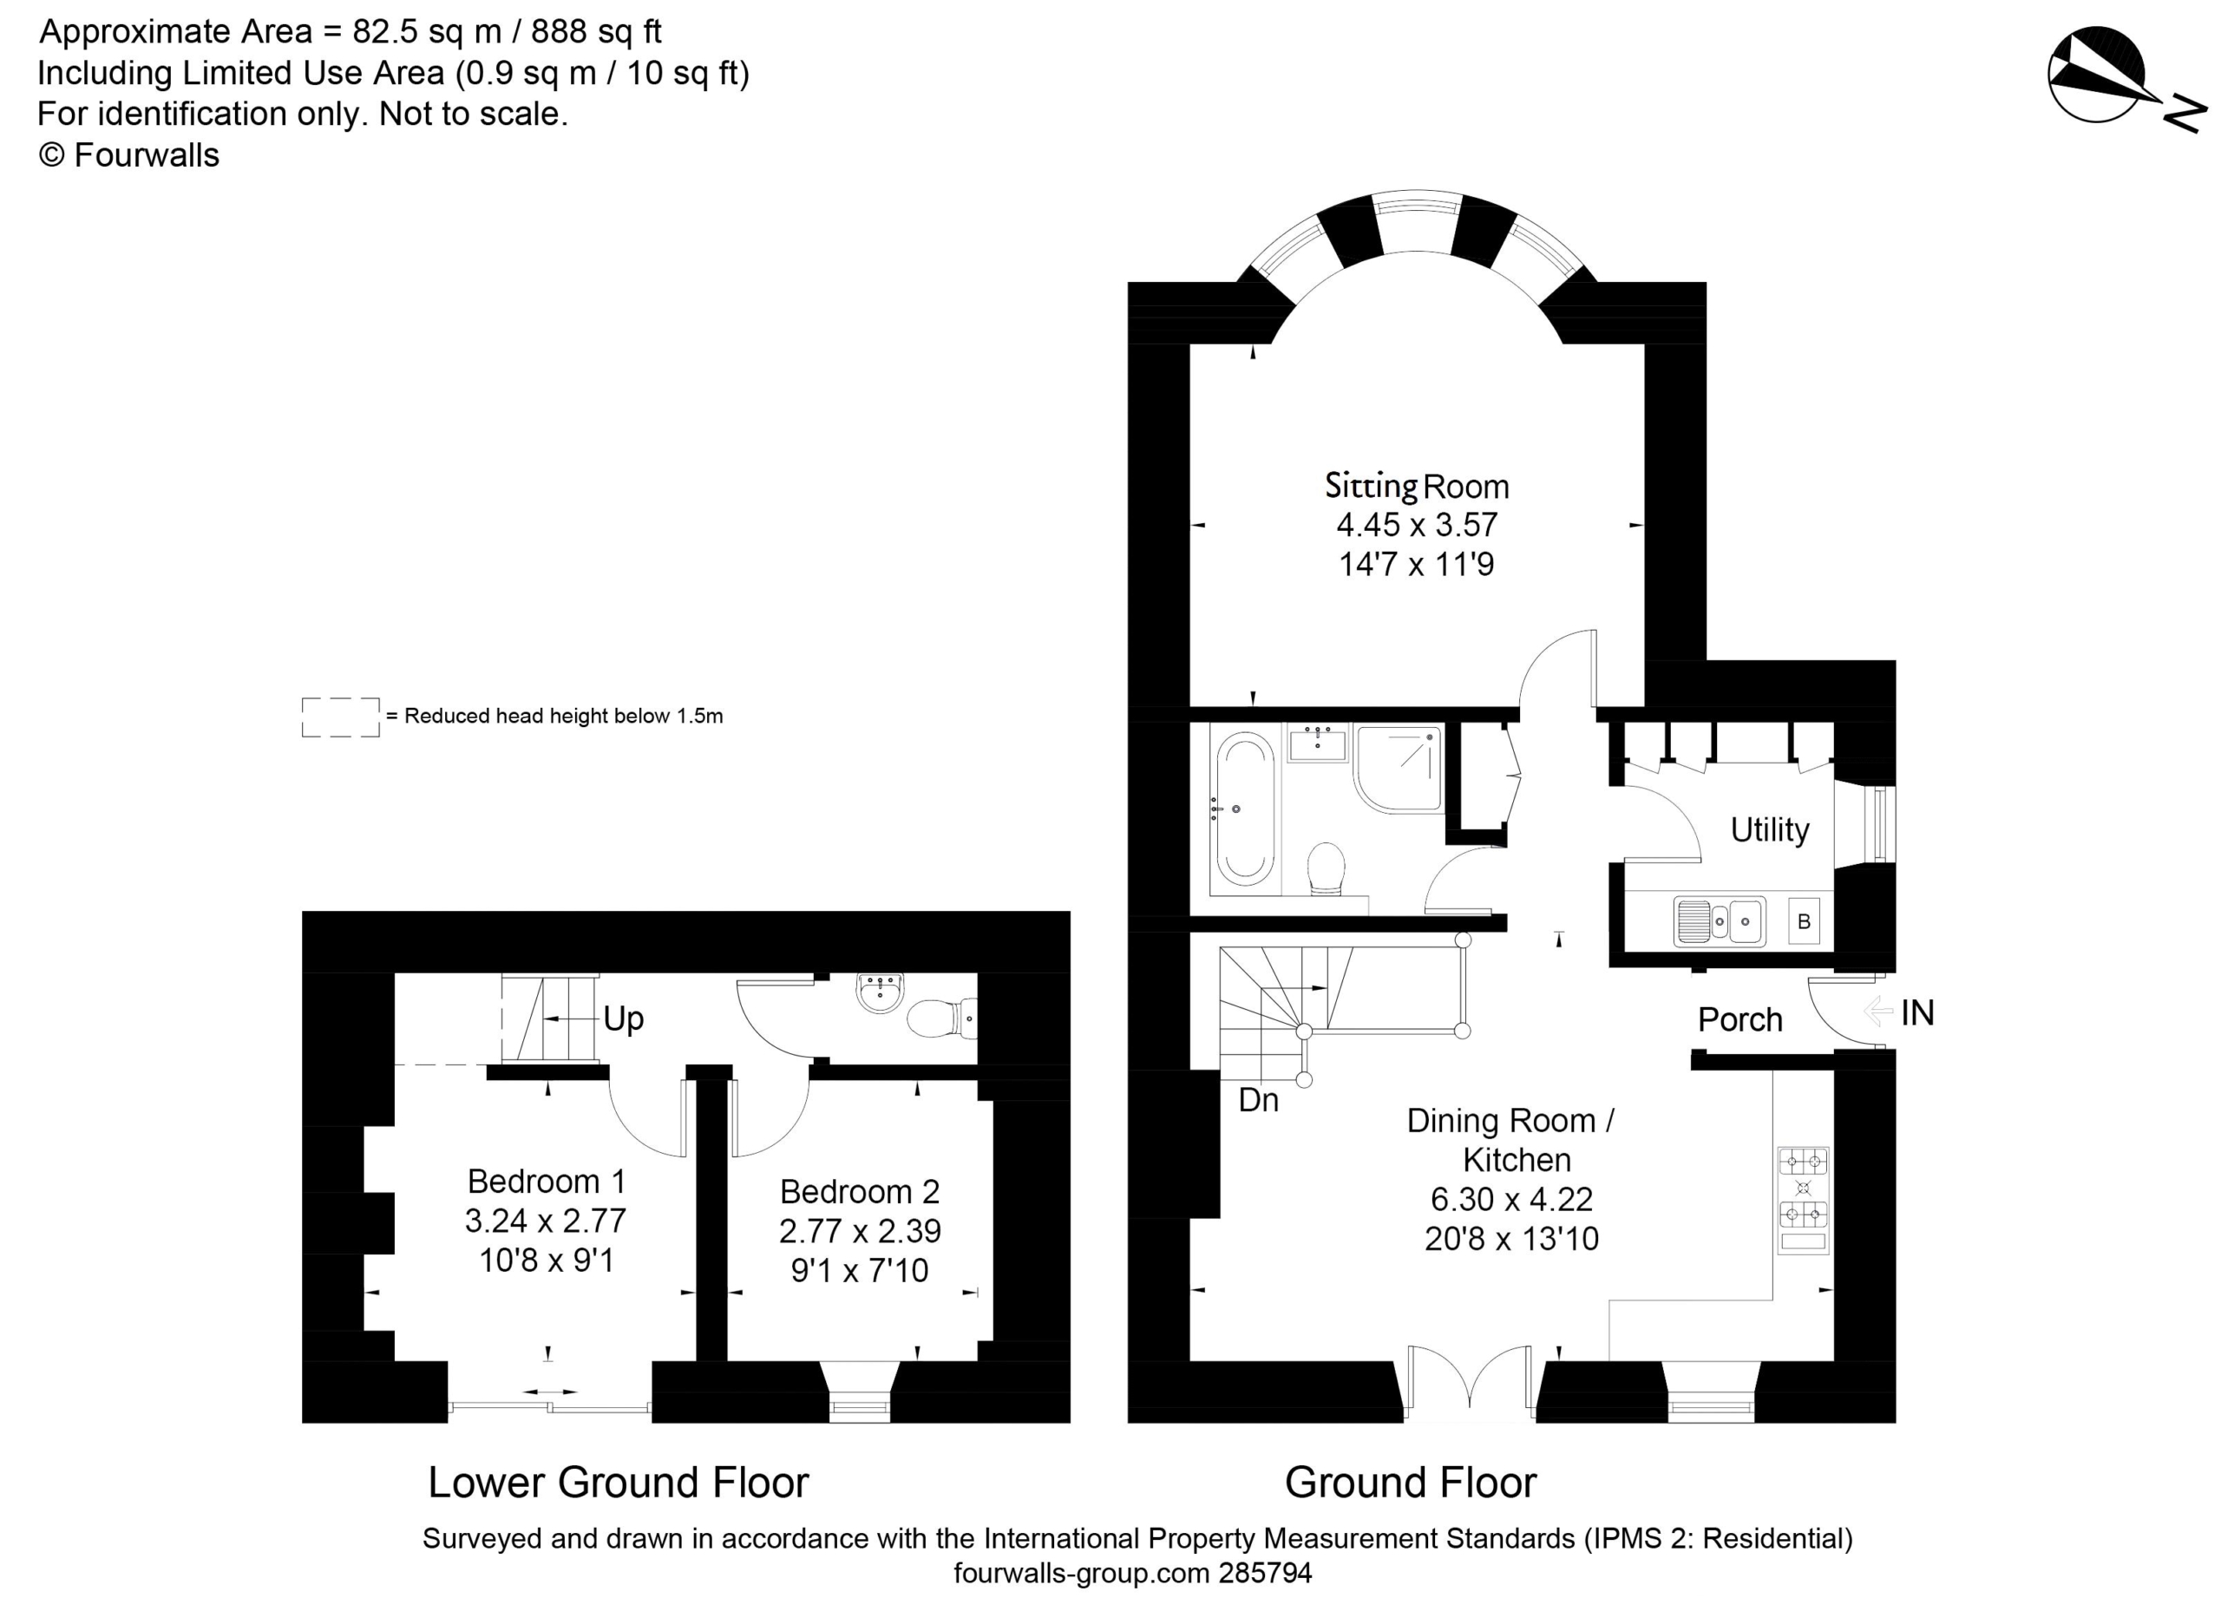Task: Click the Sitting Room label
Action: click(1416, 486)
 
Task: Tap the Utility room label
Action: click(1770, 829)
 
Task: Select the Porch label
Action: click(1739, 1019)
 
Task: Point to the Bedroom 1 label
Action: click(546, 1181)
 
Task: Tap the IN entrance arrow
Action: click(1877, 1011)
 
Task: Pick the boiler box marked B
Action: click(1804, 921)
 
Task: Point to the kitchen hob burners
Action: click(1803, 1188)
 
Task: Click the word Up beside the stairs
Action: click(623, 1019)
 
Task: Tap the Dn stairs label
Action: click(1258, 1101)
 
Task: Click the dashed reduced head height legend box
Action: click(340, 717)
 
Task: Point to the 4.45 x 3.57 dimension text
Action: click(1417, 525)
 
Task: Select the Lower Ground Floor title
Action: click(618, 1483)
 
